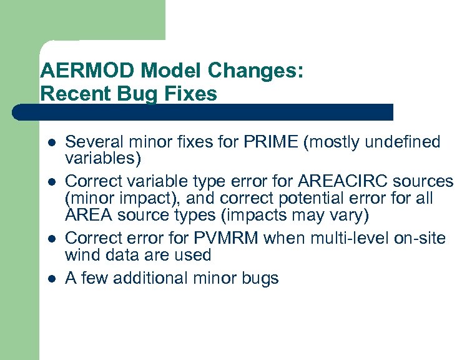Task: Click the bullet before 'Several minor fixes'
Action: (50, 142)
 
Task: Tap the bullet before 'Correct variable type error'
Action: (50, 182)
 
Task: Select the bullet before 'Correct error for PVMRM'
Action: (50, 238)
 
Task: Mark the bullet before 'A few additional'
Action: (50, 278)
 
